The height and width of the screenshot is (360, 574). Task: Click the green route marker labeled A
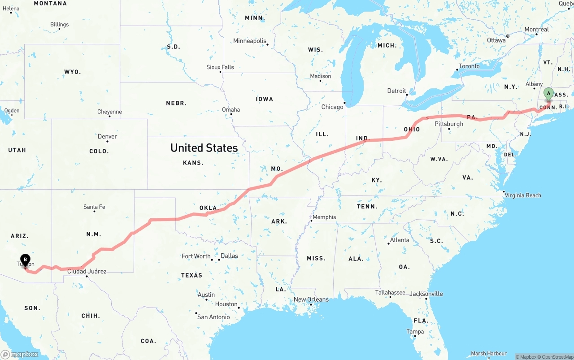548,94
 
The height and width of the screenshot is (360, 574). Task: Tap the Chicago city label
332,107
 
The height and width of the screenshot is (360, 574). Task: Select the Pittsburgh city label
449,124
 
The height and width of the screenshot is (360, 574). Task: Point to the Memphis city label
324,217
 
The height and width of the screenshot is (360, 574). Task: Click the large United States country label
204,148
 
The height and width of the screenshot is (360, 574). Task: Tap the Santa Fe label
94,207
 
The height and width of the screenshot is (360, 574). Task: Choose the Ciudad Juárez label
87,271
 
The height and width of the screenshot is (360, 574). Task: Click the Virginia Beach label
522,195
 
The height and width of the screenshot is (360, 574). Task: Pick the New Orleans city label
311,299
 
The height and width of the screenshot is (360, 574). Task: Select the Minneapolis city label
250,41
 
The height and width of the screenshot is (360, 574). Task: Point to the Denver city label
107,136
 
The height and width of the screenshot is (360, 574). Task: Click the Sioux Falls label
220,67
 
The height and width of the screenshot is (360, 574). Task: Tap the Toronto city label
469,66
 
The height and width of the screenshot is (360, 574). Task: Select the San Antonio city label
213,317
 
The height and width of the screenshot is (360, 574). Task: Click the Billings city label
59,25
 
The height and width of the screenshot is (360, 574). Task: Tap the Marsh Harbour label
489,354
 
